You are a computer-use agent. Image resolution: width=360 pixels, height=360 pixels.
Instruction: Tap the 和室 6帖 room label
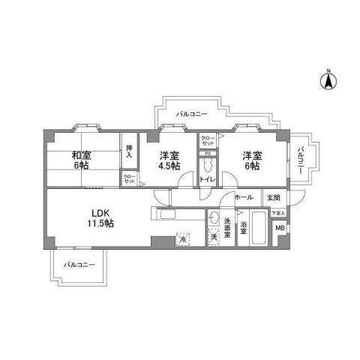tap(82, 160)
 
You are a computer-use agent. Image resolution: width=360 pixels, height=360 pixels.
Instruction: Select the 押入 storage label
tap(130, 151)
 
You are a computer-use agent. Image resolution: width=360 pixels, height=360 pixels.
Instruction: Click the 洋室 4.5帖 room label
tap(169, 161)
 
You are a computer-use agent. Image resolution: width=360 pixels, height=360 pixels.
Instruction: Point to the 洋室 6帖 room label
tap(250, 160)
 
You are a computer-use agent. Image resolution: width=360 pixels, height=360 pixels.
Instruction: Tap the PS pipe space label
tap(207, 154)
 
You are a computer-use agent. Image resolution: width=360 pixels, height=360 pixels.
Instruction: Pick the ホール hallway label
tap(243, 197)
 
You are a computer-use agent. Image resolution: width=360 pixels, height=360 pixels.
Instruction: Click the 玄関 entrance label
tap(273, 198)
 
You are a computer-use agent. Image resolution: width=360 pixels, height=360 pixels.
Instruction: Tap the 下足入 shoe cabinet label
tap(277, 213)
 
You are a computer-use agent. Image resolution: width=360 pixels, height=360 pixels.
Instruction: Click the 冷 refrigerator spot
tap(181, 238)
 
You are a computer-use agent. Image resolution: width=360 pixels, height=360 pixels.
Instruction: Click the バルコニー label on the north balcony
tap(192, 114)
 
